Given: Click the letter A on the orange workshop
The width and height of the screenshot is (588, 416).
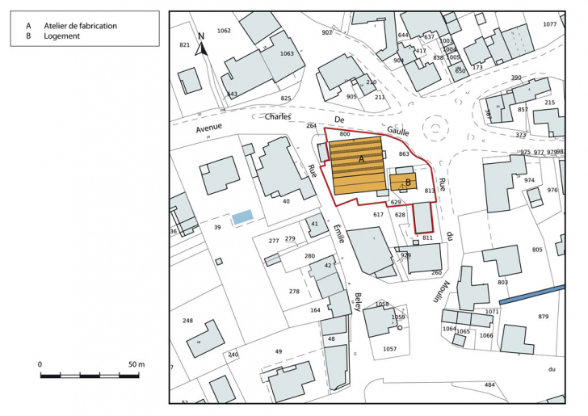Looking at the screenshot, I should (x=362, y=160).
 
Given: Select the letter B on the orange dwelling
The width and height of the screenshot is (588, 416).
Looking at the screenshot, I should (x=409, y=183).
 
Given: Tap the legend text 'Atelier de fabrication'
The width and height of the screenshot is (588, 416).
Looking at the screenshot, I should (x=80, y=26).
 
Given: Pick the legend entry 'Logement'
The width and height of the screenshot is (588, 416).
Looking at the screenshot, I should (x=62, y=36).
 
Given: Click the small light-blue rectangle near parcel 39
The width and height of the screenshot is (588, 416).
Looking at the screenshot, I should (x=242, y=216).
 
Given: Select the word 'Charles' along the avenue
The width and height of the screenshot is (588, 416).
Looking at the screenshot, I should (x=278, y=116).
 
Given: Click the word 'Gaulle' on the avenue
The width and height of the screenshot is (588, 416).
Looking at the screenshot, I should (x=398, y=131).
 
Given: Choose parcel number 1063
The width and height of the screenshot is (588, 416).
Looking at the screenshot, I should (x=287, y=53).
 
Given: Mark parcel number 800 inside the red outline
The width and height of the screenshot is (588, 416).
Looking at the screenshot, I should (x=345, y=133).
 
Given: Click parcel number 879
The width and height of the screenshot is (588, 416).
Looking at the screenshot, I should (x=543, y=316).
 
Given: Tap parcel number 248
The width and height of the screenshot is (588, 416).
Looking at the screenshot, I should (x=188, y=321).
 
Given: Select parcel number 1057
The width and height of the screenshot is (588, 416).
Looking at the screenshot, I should (x=389, y=348).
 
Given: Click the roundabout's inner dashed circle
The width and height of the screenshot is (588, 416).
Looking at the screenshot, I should (x=437, y=128).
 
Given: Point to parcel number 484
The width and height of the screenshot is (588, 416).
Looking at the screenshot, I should (x=489, y=384).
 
